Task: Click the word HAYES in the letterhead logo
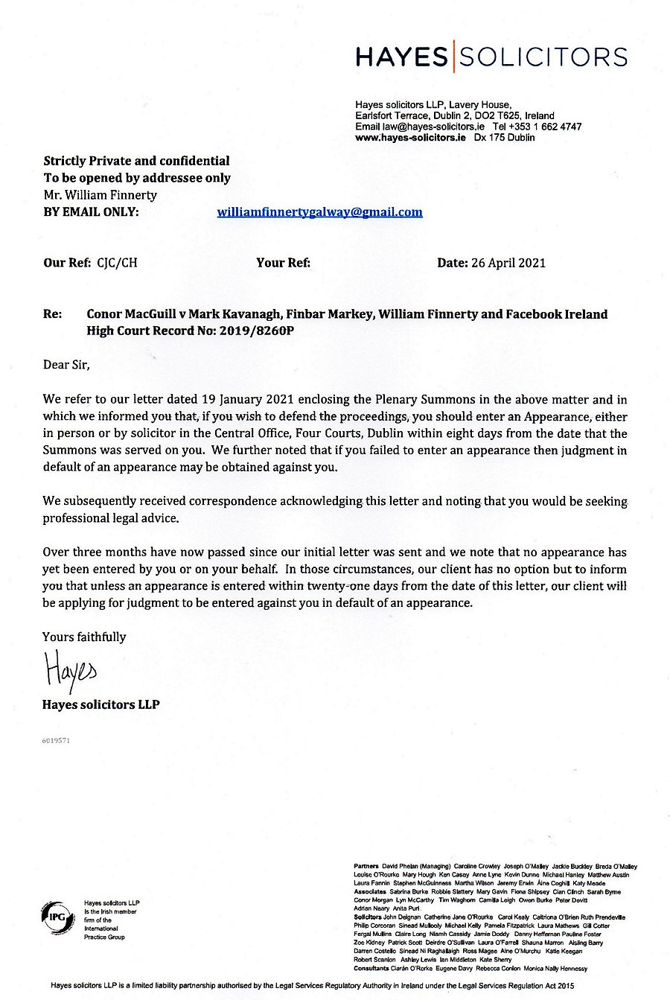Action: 401,57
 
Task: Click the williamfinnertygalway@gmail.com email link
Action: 319,212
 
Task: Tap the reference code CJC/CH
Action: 117,262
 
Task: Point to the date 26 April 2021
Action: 508,262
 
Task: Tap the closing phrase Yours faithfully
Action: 84,637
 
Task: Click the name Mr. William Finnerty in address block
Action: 100,195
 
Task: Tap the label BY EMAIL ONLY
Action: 91,212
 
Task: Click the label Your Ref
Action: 283,262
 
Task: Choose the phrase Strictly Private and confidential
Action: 136,161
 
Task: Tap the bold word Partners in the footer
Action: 366,867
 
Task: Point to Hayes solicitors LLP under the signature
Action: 100,704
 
